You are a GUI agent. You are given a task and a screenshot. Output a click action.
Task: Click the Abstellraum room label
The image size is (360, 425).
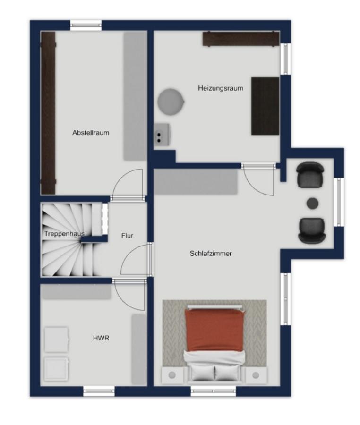coord(91,133)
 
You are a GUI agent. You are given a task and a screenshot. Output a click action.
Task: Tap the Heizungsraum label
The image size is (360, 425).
coord(220,88)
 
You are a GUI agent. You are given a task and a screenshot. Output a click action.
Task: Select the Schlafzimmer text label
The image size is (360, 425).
coord(211,254)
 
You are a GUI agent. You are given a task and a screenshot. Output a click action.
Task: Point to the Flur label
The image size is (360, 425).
coord(127,236)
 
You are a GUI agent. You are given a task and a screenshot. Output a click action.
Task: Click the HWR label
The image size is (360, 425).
coord(101,338)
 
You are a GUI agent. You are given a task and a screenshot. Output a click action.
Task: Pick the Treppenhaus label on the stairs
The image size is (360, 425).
coord(64,234)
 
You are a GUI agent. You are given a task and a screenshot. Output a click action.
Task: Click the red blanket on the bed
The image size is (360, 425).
coord(214,331)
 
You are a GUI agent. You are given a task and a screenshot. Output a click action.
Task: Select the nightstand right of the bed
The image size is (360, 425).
coord(256,375)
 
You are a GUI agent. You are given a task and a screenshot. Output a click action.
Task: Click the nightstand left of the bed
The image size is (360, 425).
coord(172,375)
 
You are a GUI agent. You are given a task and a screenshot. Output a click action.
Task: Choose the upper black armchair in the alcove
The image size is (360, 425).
coord(310,175)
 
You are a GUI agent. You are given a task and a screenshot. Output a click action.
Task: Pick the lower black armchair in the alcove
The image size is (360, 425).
coord(312,230)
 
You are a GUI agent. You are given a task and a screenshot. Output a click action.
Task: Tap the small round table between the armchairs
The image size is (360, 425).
coord(312,203)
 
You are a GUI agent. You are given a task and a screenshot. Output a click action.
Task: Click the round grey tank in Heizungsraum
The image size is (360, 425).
coord(171,102)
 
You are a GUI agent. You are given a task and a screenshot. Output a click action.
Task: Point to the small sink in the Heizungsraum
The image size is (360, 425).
coord(162,134)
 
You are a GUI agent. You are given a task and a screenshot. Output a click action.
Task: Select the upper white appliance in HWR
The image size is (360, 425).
coord(56,340)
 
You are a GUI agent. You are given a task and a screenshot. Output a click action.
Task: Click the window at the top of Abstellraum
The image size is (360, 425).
coord(86,25)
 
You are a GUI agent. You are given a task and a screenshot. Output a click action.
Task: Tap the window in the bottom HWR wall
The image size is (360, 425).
coord(99,391)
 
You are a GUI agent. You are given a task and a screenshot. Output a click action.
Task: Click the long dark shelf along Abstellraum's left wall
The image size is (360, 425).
coord(48,113)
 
